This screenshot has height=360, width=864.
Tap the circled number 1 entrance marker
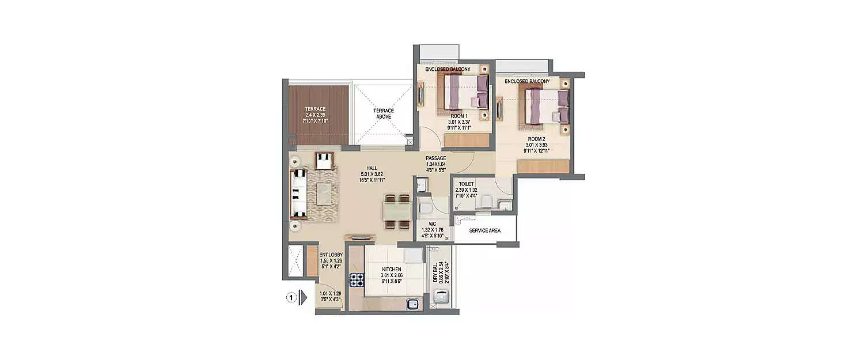click(x=291, y=298)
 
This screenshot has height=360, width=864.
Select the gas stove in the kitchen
click(x=357, y=280)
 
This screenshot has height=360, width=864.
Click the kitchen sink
click(x=412, y=304)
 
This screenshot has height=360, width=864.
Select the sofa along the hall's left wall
click(x=298, y=194)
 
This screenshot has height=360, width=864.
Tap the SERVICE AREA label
click(x=484, y=230)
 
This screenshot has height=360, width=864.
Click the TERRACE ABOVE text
click(x=382, y=113)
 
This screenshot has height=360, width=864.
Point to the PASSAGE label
click(x=436, y=158)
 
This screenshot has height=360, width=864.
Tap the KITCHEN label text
click(x=392, y=269)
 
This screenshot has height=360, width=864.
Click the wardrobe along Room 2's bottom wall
click(x=543, y=167)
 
